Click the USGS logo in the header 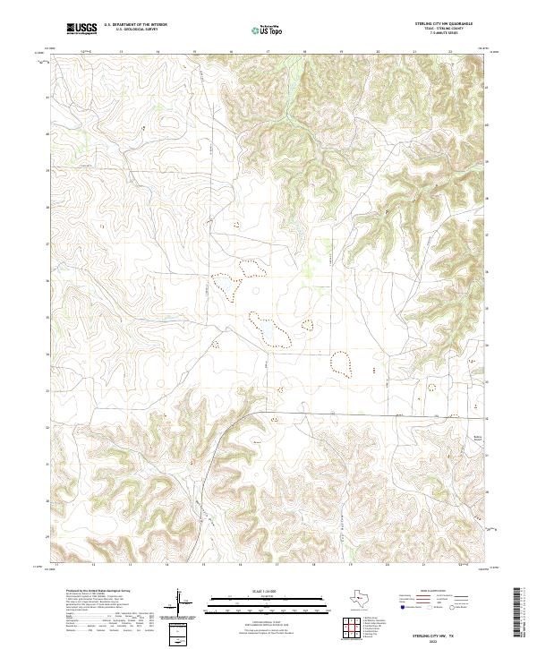(x=81, y=29)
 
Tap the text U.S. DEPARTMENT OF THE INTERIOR (x=135, y=25)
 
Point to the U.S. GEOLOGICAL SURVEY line (x=129, y=30)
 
